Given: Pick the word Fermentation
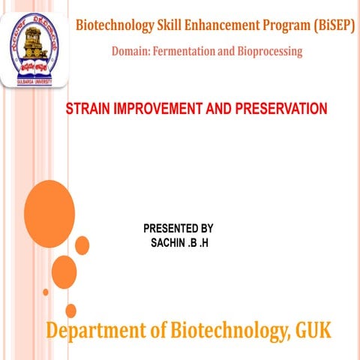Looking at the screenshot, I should (x=187, y=51).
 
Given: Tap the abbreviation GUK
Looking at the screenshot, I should (x=313, y=329).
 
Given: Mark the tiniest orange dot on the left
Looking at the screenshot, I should (x=46, y=292).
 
